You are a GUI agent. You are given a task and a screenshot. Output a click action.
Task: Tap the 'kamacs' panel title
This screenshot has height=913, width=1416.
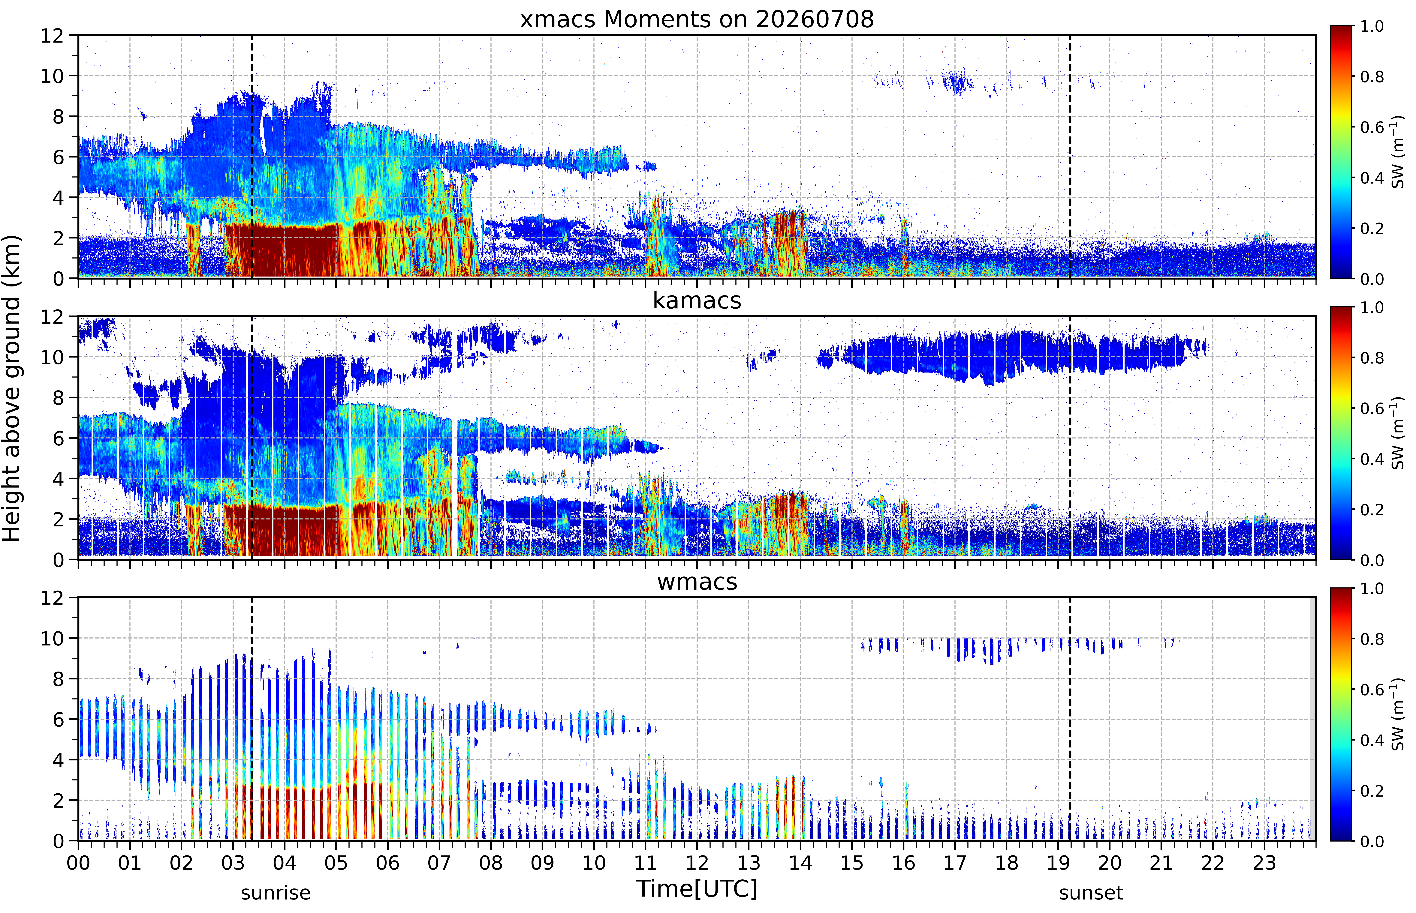coord(697,301)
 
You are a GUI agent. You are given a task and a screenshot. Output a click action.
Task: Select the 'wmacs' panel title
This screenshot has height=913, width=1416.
coord(697,582)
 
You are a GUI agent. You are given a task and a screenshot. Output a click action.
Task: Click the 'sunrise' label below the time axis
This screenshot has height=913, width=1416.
coord(276,893)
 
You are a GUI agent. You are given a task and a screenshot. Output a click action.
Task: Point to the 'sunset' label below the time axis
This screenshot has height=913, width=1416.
coord(1091,893)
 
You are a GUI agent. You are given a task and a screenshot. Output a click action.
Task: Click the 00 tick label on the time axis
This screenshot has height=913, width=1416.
coord(78,863)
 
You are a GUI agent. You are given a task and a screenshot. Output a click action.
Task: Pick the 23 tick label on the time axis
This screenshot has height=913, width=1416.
coord(1264,863)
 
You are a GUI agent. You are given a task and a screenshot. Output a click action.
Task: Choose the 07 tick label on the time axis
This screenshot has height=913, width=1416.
coord(439,863)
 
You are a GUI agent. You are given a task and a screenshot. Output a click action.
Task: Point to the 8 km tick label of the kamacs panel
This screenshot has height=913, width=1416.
coord(58,398)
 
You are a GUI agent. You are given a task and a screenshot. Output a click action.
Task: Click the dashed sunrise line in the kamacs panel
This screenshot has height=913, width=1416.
coord(252,438)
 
